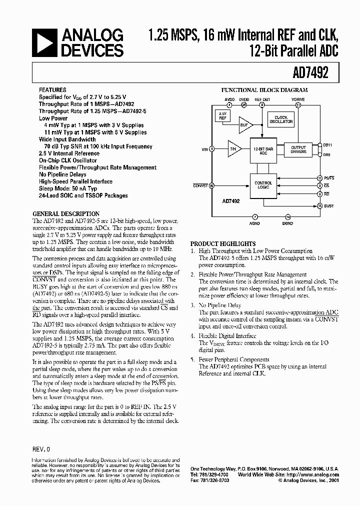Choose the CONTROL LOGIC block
[263, 185]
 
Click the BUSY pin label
[328, 205]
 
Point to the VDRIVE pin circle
[298, 105]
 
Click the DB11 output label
[327, 144]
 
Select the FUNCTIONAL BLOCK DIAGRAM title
[264, 90]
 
